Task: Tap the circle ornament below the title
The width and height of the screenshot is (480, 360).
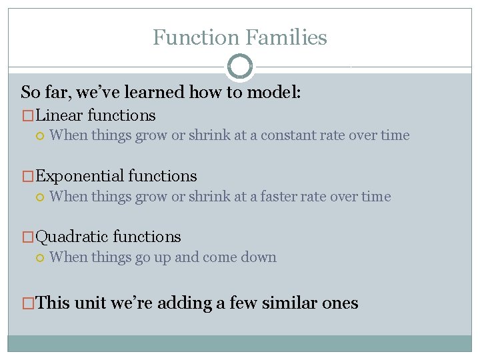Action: coord(240,67)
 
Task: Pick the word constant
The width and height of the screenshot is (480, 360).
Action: coord(289,135)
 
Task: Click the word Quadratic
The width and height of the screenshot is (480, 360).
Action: coord(72,237)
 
